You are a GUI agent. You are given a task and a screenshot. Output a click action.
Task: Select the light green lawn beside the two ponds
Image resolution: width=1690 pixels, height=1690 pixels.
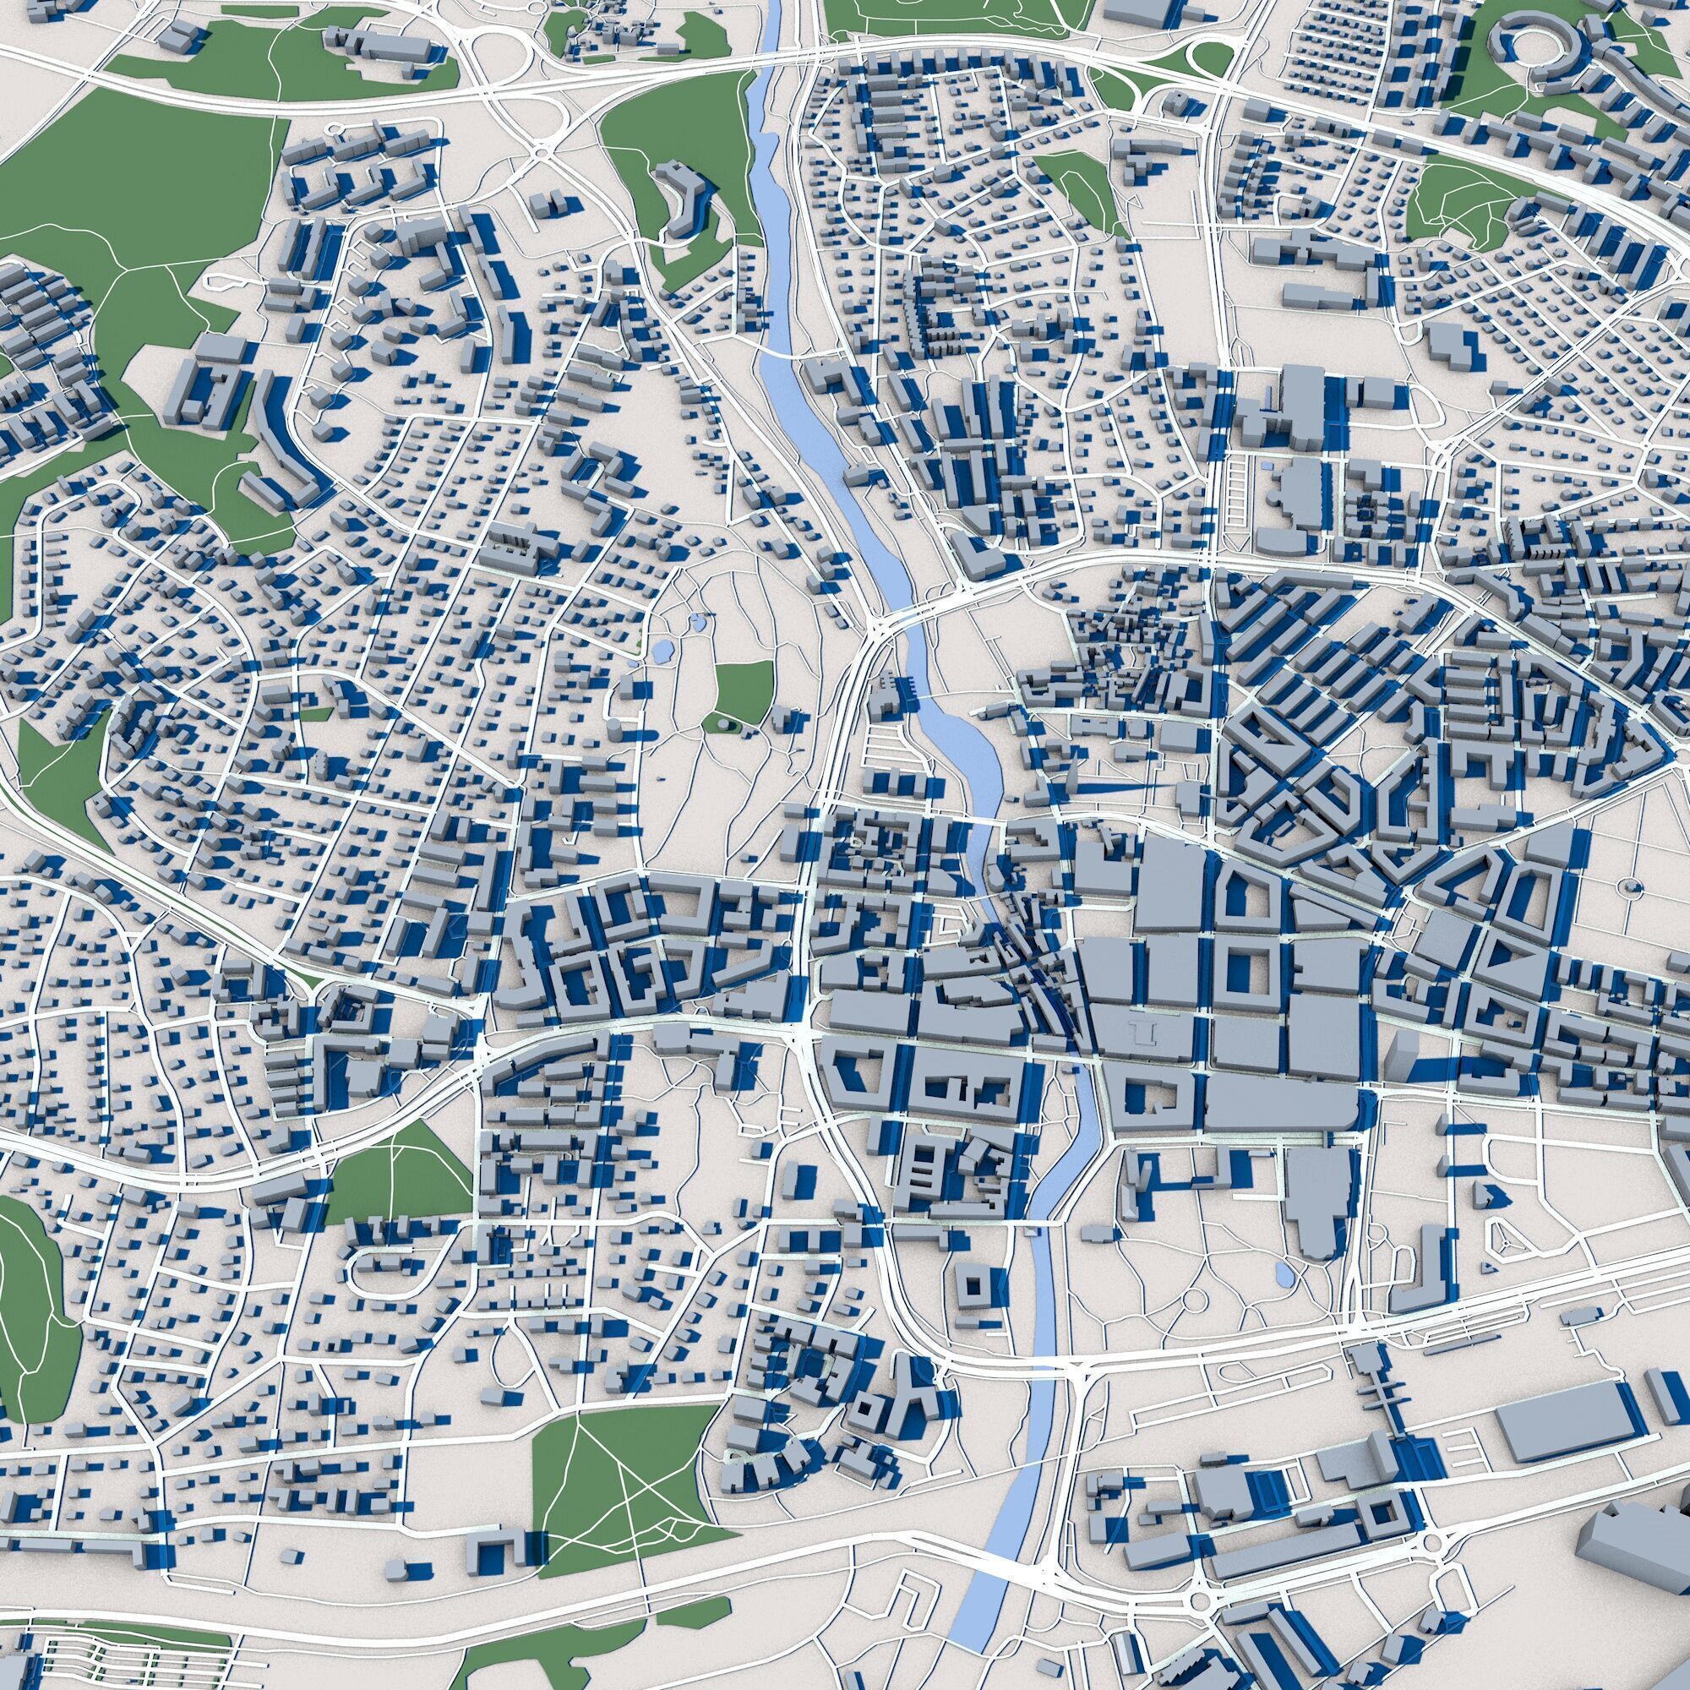744,686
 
